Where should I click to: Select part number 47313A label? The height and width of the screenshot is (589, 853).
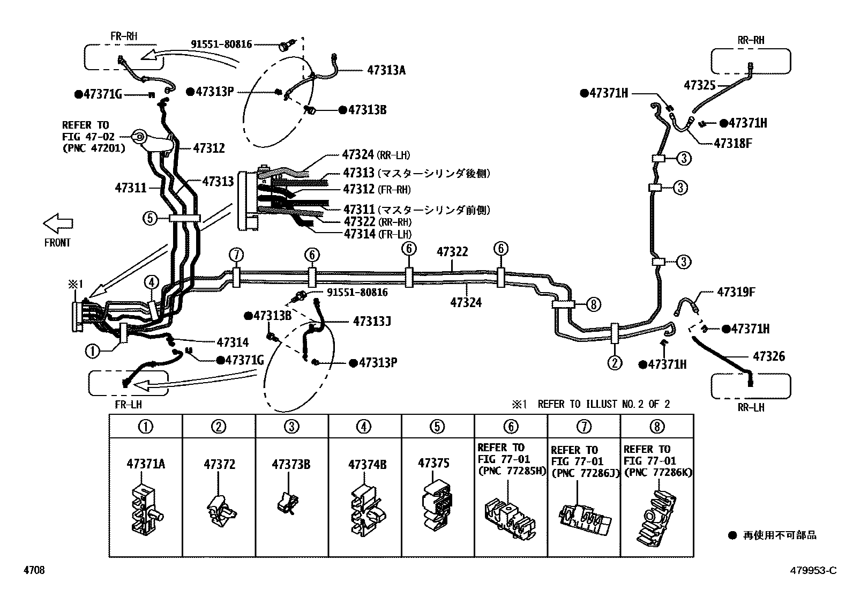(386, 70)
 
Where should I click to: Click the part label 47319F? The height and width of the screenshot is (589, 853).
(736, 293)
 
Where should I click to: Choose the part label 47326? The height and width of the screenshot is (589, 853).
(769, 356)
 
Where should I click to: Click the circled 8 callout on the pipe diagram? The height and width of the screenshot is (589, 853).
(593, 304)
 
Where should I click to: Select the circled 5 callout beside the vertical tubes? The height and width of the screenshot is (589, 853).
(149, 218)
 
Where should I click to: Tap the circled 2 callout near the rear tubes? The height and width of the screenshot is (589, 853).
(615, 363)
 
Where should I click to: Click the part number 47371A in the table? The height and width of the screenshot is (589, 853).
(146, 464)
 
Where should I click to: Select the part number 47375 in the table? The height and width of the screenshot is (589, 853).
(433, 463)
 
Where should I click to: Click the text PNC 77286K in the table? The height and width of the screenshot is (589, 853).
(659, 472)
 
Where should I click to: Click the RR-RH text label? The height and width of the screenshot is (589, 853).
(751, 40)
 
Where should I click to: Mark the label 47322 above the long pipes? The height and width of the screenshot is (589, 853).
(452, 252)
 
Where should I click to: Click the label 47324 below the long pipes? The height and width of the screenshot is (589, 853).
(466, 303)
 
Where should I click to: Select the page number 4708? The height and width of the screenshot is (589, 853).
(33, 570)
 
